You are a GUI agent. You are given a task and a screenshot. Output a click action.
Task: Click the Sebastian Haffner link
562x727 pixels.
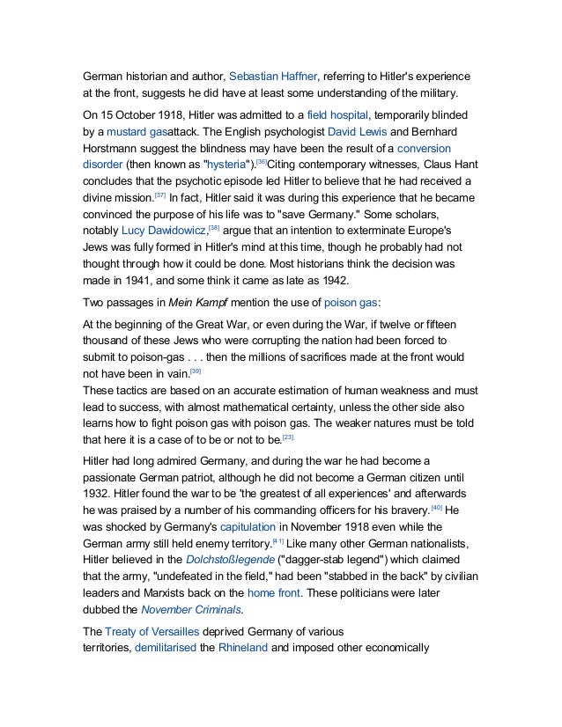coord(277,76)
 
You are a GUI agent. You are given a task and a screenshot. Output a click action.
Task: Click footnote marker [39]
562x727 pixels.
coord(182,371)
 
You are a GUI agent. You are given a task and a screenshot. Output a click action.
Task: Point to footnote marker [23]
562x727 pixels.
coord(287,437)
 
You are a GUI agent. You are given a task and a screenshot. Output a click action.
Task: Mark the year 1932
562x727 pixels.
coord(96,493)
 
